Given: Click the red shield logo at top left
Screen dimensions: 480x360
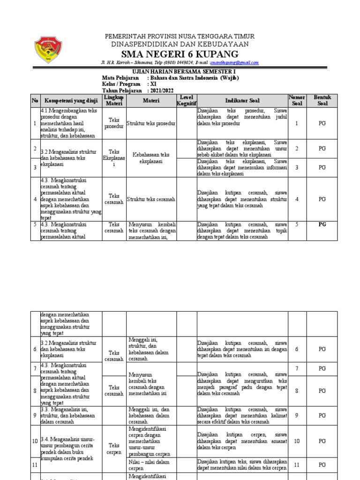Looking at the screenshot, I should (48, 51).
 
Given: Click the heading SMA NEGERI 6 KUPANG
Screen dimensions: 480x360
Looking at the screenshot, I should (180, 53).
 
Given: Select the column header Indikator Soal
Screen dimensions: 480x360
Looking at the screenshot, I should (241, 100).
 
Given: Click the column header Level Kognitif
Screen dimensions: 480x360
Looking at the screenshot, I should (186, 100).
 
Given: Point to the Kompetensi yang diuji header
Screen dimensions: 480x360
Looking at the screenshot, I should (71, 100).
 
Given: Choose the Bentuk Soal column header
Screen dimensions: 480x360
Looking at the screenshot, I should (322, 100).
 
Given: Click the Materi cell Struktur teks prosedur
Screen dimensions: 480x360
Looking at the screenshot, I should (151, 123).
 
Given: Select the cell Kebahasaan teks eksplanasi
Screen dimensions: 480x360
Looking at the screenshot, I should (151, 157).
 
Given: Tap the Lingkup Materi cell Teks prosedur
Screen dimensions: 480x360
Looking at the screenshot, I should (114, 123).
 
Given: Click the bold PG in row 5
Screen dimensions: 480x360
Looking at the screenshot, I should (322, 224).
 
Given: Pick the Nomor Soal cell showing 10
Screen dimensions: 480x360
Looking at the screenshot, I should (296, 441).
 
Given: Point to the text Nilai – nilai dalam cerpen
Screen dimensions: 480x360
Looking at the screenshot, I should (146, 465).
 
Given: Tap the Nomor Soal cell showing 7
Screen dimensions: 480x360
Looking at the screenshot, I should (296, 368).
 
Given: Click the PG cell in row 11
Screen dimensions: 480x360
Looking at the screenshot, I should (322, 465).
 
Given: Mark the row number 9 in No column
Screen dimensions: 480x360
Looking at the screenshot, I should (35, 415).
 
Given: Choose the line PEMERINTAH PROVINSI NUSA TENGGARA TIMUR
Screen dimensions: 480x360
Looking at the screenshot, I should (180, 36).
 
